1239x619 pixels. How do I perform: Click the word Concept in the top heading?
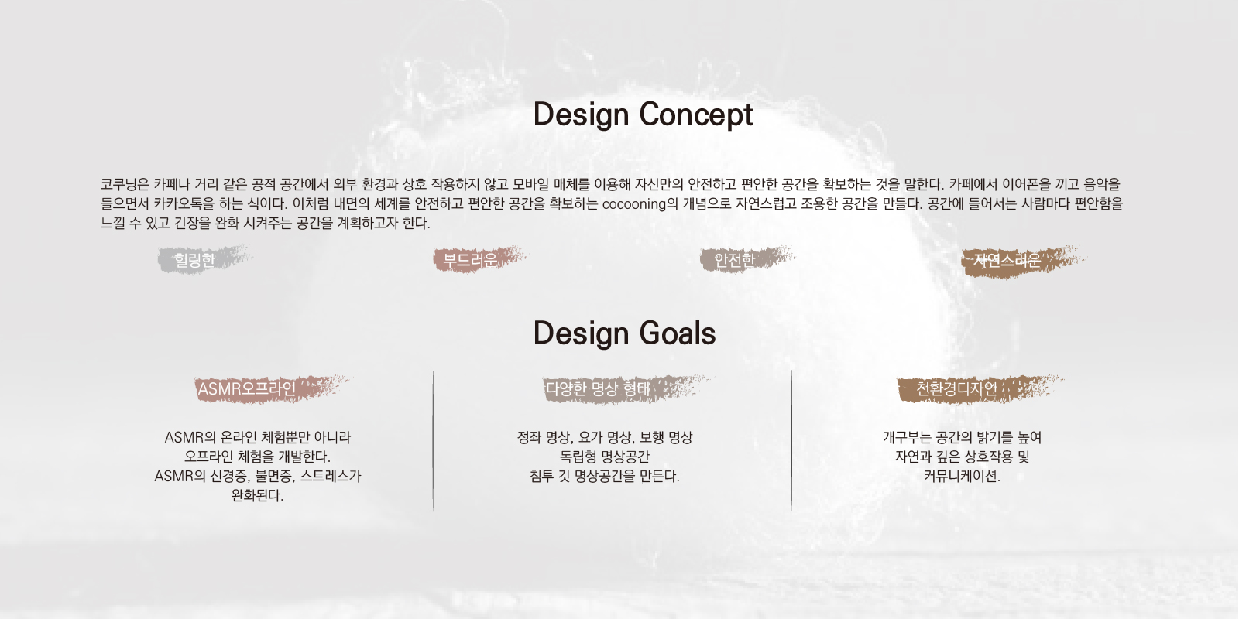[696, 115]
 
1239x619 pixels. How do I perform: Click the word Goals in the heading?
[678, 333]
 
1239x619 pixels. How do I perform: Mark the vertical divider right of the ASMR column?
[433, 441]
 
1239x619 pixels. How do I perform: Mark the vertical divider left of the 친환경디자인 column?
[791, 441]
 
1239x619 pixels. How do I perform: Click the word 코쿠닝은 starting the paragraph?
[125, 184]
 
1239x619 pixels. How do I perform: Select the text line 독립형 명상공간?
[605, 457]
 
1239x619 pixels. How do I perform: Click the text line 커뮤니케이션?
[962, 476]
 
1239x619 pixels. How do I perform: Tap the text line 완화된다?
[257, 495]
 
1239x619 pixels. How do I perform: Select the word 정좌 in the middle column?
[529, 438]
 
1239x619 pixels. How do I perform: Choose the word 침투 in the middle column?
[541, 476]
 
